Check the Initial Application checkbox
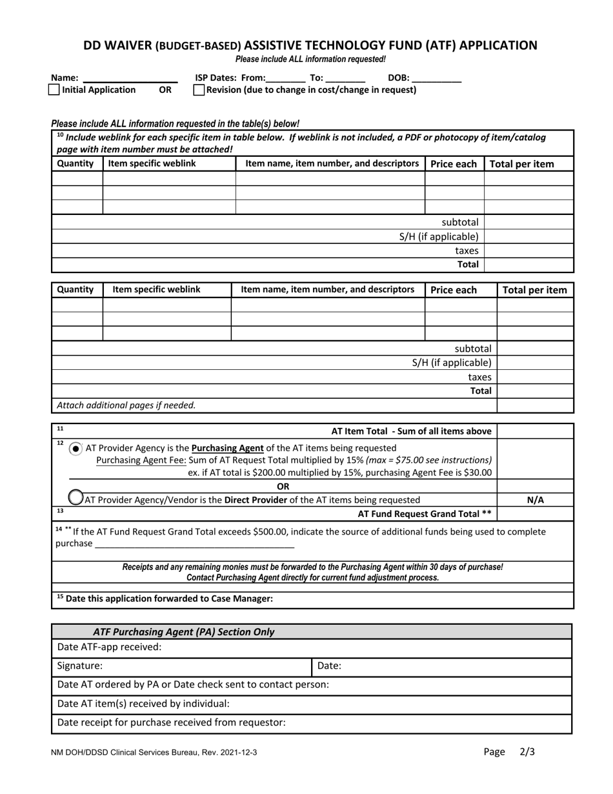54,90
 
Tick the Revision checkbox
199,90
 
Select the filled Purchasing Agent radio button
76,448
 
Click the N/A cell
535,500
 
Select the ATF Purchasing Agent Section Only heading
183,632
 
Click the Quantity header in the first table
75,164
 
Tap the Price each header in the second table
454,290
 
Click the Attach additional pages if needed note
126,405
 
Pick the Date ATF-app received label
110,647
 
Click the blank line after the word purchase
194,544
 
